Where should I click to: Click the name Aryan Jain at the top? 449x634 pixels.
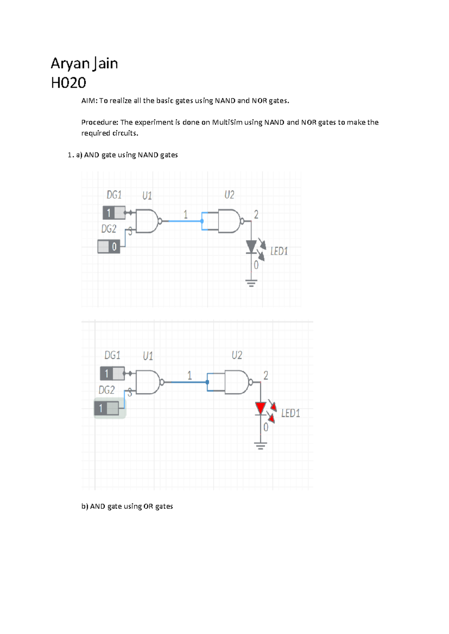[84, 64]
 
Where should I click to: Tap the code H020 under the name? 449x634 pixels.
[68, 83]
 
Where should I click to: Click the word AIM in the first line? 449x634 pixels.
[89, 101]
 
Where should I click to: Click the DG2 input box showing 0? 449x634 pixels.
[109, 247]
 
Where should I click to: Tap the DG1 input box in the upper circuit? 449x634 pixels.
[114, 213]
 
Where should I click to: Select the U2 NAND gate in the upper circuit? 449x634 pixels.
[230, 221]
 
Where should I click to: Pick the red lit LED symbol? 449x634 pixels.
[261, 408]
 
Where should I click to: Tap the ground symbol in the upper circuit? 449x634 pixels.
[251, 283]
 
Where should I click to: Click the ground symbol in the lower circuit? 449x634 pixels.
[261, 446]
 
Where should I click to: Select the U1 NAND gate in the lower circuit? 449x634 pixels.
[149, 382]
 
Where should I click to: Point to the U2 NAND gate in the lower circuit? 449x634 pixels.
[237, 382]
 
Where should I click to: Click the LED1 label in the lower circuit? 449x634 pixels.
[291, 413]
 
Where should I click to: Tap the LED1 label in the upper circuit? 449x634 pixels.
[279, 251]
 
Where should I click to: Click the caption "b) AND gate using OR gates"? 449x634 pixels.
[127, 507]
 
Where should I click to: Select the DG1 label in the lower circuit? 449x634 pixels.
[112, 355]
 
